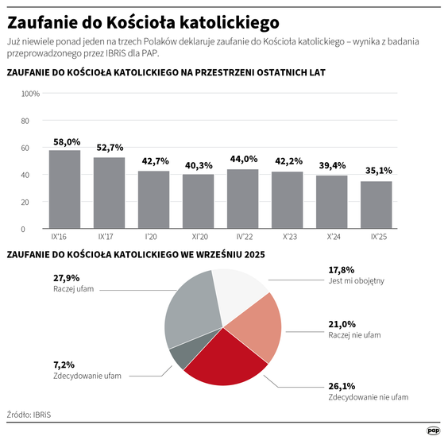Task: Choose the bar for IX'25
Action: coord(376,205)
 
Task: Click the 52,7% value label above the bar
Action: coord(110,148)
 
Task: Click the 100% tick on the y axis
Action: coord(30,94)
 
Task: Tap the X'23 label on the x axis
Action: coord(287,237)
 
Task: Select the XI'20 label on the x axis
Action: coord(198,237)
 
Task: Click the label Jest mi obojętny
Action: coord(356,281)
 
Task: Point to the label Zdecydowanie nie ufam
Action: coord(369,396)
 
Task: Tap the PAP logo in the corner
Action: coord(434,430)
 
